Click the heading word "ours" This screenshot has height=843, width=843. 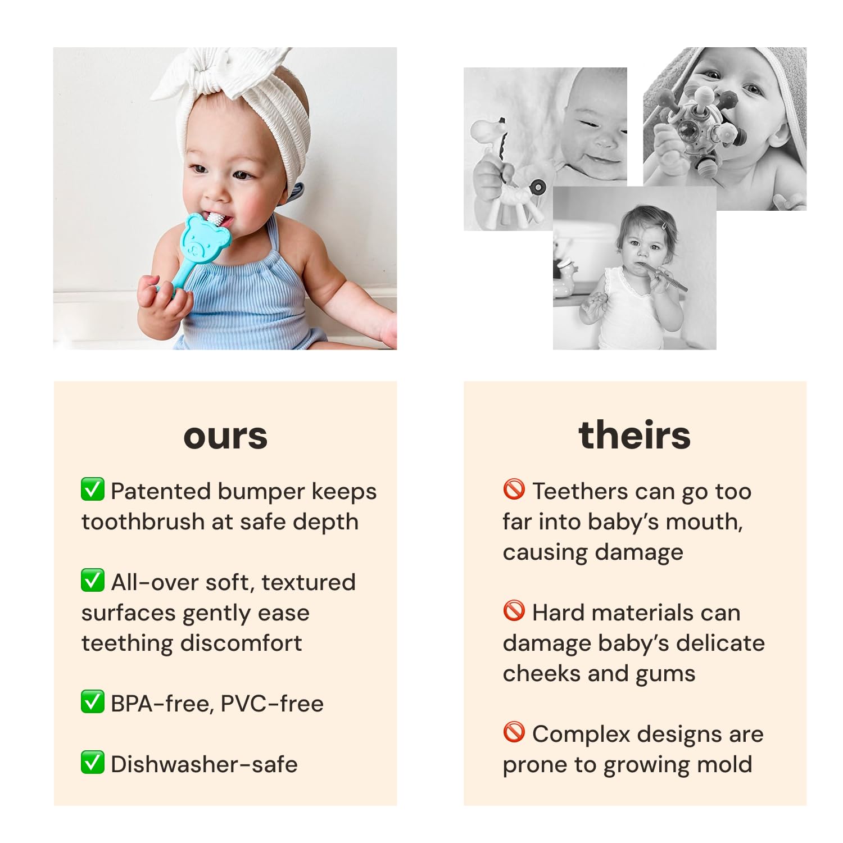225,436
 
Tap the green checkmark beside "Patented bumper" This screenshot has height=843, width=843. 93,490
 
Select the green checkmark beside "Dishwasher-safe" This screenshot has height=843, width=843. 93,763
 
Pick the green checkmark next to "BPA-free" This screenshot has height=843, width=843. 93,702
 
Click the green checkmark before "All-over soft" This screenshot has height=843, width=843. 93,581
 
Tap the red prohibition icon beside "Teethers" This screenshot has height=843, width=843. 514,490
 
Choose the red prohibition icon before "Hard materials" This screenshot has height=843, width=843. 514,611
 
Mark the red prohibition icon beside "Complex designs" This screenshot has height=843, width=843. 514,732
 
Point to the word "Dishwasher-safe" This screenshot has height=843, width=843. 204,764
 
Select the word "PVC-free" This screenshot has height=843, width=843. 272,704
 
